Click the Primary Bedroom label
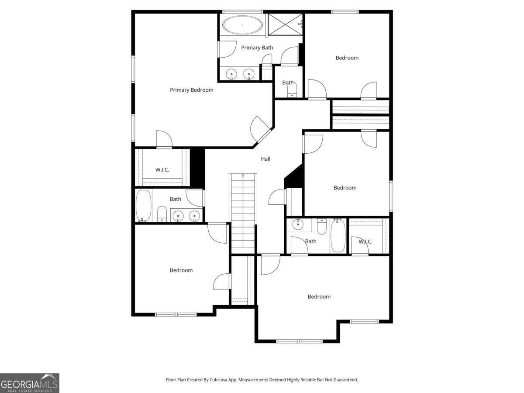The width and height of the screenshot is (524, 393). (x=191, y=90)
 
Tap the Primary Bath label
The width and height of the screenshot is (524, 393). (x=257, y=48)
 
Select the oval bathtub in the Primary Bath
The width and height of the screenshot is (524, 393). (x=242, y=24)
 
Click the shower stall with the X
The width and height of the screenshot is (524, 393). (x=285, y=24)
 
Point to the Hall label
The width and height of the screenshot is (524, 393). (x=265, y=159)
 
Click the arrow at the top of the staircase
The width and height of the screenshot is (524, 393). (x=243, y=176)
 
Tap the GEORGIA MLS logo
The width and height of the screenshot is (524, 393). (x=30, y=383)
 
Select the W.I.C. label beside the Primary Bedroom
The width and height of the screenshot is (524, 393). (x=162, y=170)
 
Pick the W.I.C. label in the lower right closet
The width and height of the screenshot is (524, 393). (x=365, y=241)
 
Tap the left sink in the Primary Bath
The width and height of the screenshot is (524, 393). (x=231, y=74)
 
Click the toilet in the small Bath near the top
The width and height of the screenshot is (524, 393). (x=292, y=91)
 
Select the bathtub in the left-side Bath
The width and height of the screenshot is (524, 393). (x=144, y=205)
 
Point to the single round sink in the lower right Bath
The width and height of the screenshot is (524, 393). (x=298, y=224)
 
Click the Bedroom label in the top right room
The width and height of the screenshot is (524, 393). (x=347, y=58)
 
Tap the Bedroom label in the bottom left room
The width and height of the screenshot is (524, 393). (x=181, y=270)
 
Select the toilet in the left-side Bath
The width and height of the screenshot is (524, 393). (x=162, y=214)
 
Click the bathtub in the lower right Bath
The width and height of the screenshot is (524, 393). (x=338, y=235)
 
